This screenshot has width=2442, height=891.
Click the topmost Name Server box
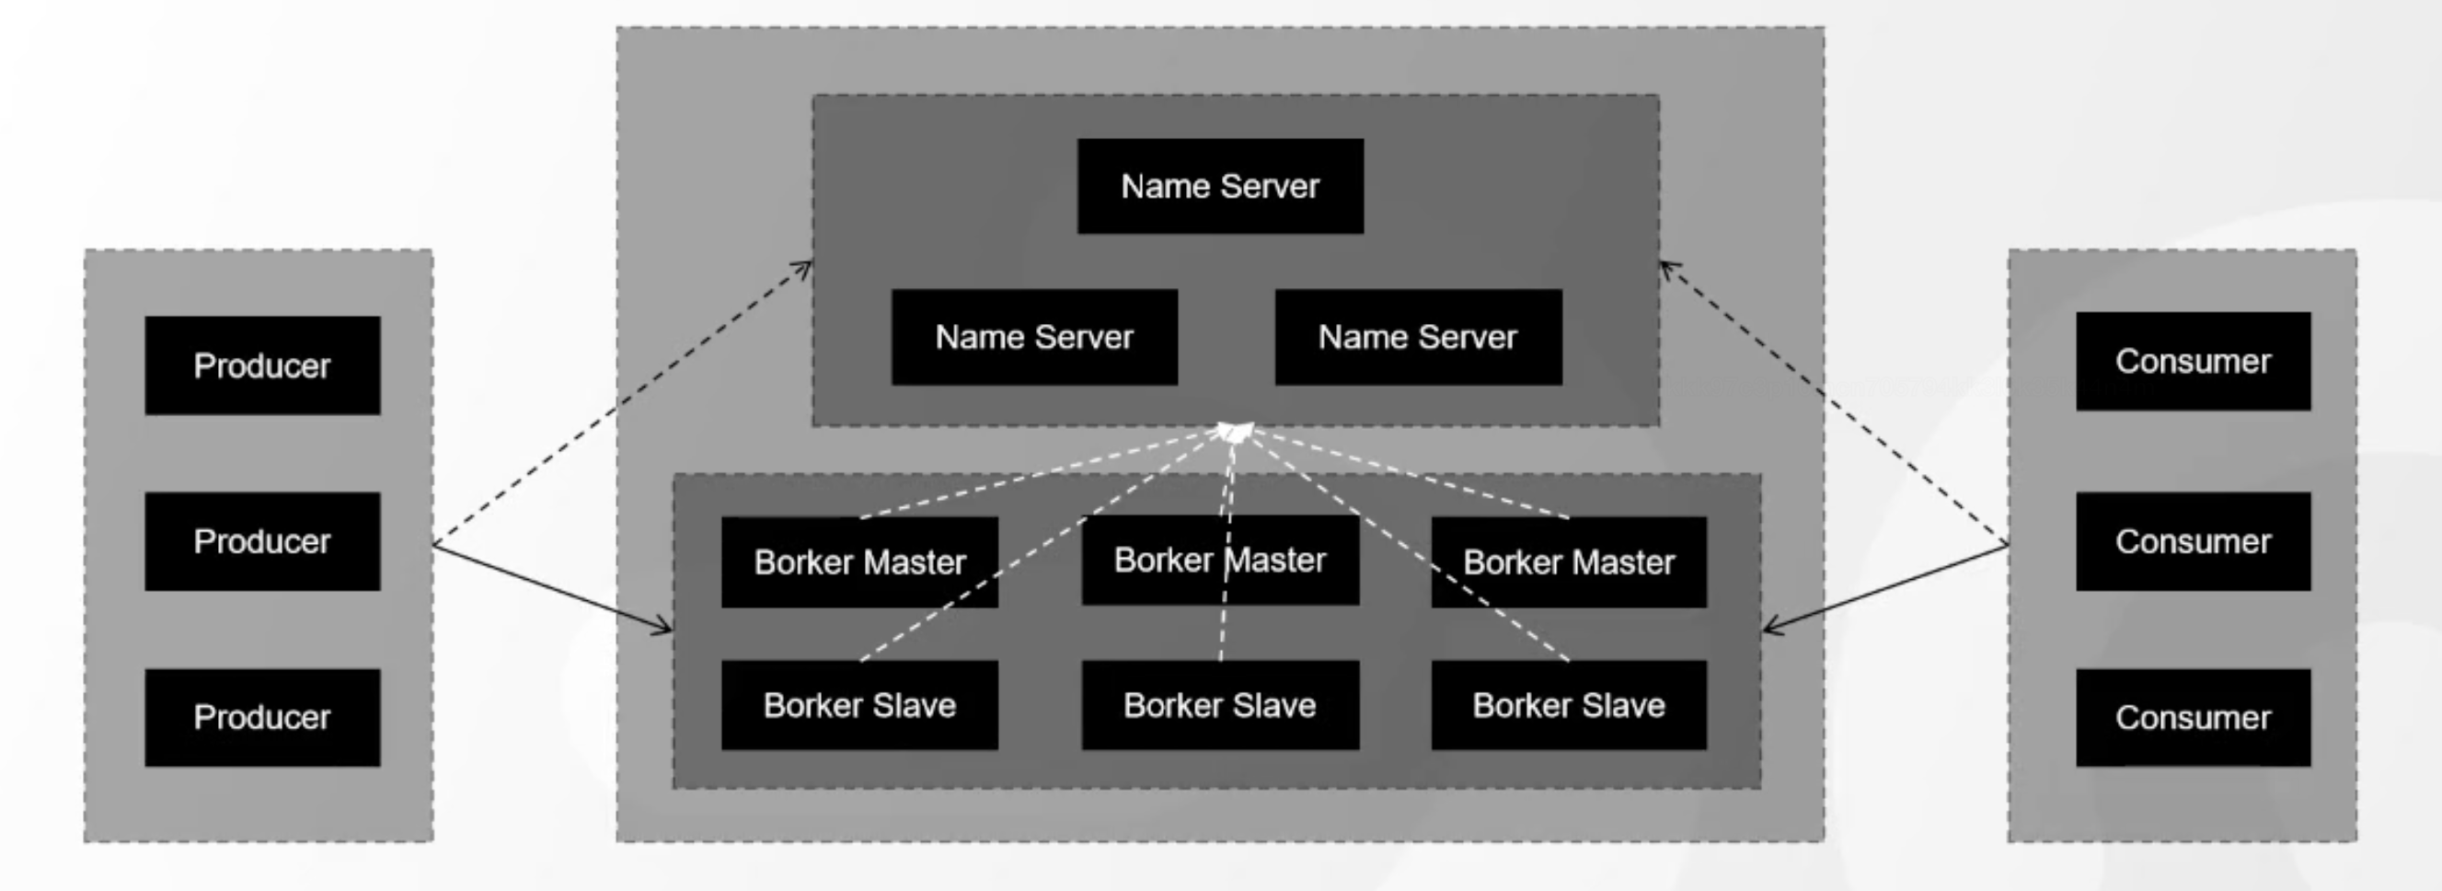click(x=1220, y=186)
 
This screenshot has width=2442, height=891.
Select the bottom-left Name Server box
click(x=1034, y=337)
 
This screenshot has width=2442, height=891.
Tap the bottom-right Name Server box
click(x=1418, y=337)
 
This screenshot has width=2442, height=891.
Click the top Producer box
click(x=262, y=364)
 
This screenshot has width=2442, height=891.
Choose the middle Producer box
click(x=262, y=541)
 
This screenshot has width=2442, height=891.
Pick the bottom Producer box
click(x=262, y=718)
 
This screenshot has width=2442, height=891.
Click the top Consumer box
click(x=2193, y=361)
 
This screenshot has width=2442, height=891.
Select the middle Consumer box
click(x=2193, y=541)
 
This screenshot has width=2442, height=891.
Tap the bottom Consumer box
click(x=2193, y=718)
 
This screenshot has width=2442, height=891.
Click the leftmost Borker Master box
click(x=858, y=562)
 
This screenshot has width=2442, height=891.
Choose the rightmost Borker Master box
click(x=1569, y=562)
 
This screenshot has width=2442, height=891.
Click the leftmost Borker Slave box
click(x=858, y=705)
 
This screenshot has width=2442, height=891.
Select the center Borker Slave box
click(x=1220, y=705)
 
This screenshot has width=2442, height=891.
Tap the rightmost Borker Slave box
click(x=1569, y=705)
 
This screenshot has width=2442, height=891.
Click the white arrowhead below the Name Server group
click(x=1234, y=433)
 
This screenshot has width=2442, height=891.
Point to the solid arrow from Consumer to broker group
click(x=1886, y=587)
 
